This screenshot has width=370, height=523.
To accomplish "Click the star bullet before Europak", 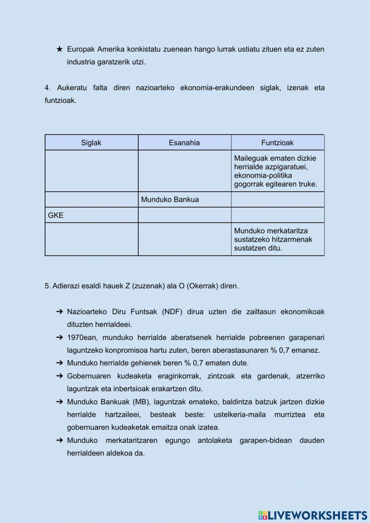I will (60, 49).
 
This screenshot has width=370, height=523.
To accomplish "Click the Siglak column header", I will (91, 143).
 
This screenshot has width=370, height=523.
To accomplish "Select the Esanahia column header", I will (184, 143).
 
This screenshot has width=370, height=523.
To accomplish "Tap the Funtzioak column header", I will (277, 143).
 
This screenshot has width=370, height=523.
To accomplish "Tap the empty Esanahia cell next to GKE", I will (184, 215).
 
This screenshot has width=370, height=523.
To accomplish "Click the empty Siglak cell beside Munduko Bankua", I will (91, 200).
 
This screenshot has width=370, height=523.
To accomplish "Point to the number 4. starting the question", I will (48, 88).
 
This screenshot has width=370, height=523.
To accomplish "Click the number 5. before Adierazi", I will (48, 286).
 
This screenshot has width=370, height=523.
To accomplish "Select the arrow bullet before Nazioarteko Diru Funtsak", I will (60, 312).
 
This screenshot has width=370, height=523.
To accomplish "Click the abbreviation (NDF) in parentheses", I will (172, 312).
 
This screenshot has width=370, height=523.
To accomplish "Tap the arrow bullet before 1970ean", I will (60, 338).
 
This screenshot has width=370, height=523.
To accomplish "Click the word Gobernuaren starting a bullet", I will (89, 376).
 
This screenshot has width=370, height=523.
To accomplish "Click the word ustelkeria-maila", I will (239, 415).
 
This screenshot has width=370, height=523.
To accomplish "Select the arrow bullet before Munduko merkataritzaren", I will (60, 440).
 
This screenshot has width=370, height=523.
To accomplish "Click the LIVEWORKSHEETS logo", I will (313, 515).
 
